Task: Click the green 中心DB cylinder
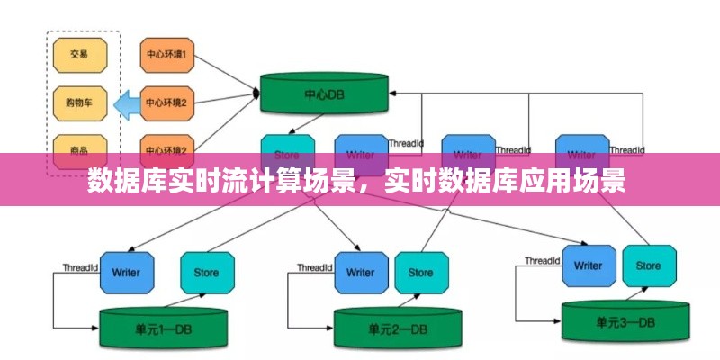pyautogui.click(x=325, y=93)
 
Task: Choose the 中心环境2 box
pyautogui.click(x=166, y=103)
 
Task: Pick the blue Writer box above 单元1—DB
pyautogui.click(x=126, y=272)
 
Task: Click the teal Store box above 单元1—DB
pyautogui.click(x=207, y=272)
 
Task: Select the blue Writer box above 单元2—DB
pyautogui.click(x=360, y=273)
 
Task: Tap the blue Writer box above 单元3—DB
pyautogui.click(x=588, y=265)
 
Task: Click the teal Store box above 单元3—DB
pyautogui.click(x=648, y=265)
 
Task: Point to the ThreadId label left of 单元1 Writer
pyautogui.click(x=80, y=267)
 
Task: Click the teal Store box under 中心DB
pyautogui.click(x=287, y=148)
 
